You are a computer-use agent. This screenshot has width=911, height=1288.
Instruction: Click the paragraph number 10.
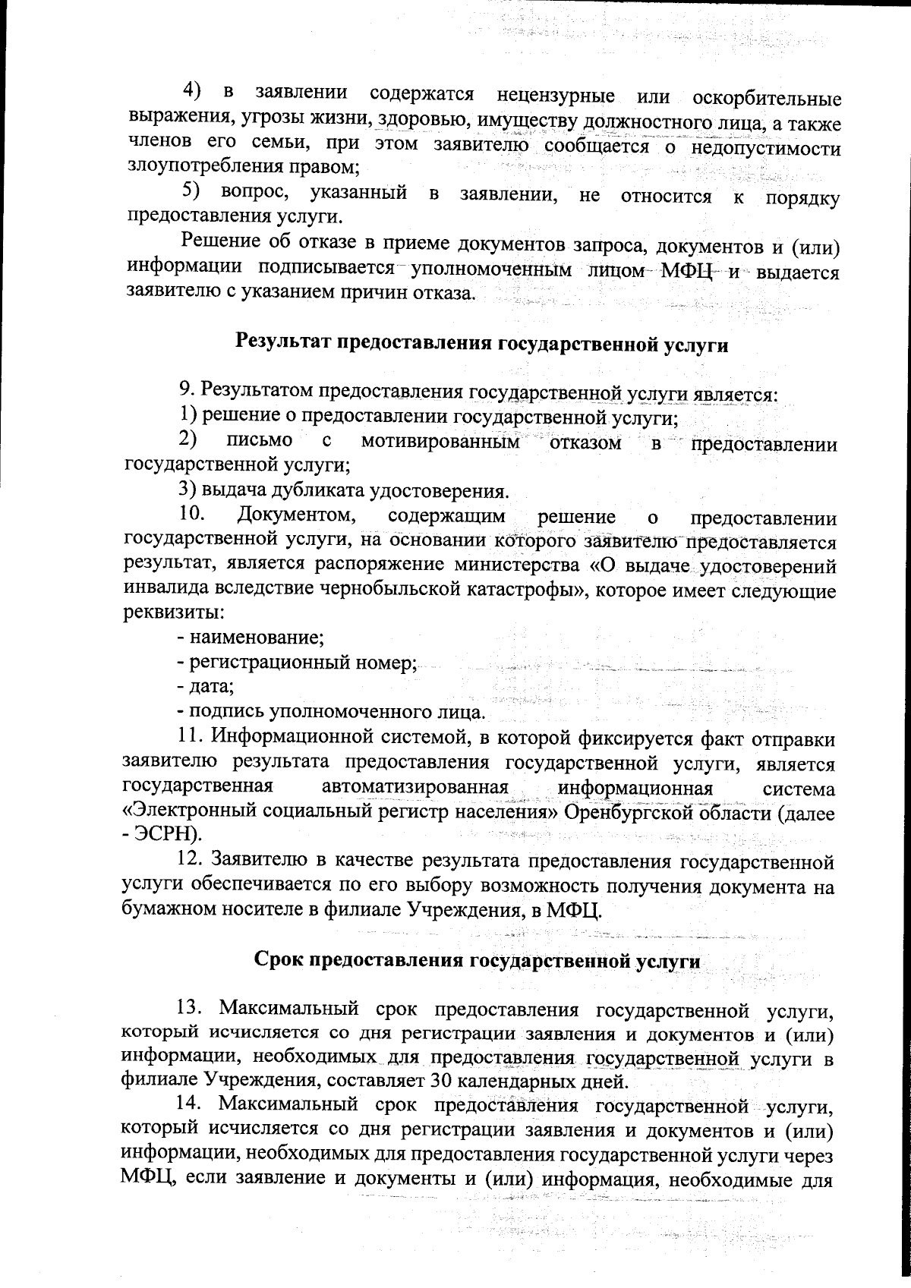click(x=192, y=517)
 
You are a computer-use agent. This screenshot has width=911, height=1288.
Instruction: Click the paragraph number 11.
click(x=190, y=737)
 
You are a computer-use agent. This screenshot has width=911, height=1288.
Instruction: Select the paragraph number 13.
click(x=191, y=1009)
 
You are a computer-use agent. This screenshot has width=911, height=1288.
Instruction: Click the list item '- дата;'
click(x=205, y=688)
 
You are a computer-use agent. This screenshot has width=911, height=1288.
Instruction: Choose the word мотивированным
click(x=441, y=442)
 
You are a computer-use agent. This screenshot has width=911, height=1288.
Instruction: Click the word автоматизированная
click(x=414, y=788)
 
